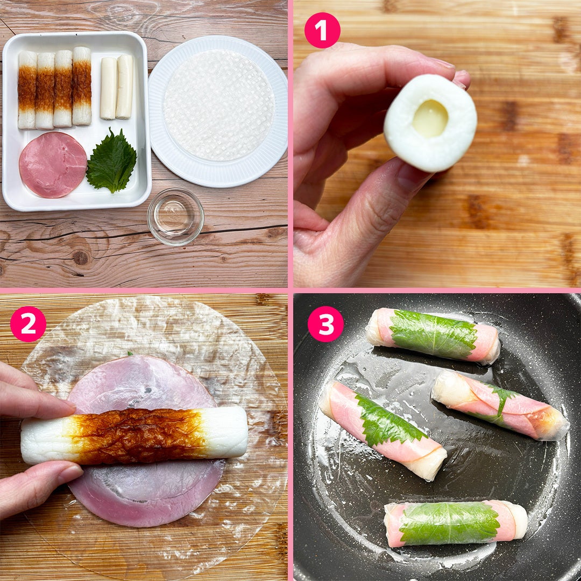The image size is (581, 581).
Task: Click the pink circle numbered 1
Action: tap(322, 30)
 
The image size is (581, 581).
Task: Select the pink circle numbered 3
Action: tap(325, 324)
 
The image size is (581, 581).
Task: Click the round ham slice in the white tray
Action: tap(53, 165)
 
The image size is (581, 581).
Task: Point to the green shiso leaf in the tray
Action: tap(111, 161)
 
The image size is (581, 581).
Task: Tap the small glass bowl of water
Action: tap(175, 217)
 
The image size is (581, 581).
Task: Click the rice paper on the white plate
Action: tap(219, 105)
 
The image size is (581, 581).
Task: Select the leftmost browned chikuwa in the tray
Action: tap(27, 90)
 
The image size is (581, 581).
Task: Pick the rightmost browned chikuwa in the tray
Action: tap(82, 86)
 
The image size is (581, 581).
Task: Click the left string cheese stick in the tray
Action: tap(109, 88)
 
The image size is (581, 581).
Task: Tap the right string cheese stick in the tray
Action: tap(124, 87)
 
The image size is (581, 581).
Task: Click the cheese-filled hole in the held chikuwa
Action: tap(430, 118)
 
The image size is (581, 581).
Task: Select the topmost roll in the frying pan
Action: tap(433, 335)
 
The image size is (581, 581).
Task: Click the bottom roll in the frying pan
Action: tap(456, 523)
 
